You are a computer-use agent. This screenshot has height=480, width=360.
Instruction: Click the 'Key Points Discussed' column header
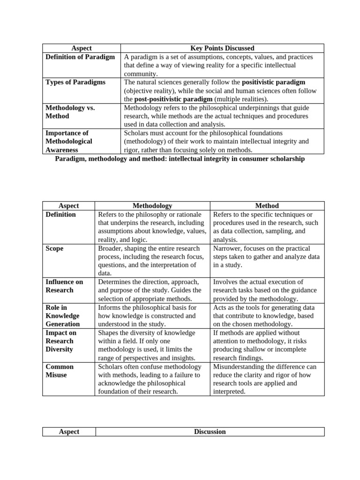pos(222,48)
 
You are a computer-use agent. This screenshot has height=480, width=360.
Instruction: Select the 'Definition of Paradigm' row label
pos(80,57)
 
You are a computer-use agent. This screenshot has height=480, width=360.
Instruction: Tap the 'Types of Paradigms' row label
pos(75,82)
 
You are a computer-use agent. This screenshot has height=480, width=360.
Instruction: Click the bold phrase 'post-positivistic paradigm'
pos(173,99)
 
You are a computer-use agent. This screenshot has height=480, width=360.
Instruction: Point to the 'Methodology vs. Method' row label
pos(70,112)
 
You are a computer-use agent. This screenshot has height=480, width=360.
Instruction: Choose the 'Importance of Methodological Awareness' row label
pos(69,142)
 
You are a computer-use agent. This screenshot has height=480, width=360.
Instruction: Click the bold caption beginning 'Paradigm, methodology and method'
pos(180,159)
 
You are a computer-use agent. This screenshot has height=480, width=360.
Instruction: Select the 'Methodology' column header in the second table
pos(152,206)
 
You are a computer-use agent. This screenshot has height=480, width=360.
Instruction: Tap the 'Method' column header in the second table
pos(267,206)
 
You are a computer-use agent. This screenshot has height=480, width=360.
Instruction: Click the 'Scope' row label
pos(54,248)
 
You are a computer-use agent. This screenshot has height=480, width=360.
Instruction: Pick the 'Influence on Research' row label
pos(64,286)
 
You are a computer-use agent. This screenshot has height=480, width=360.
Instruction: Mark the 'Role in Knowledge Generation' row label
pos(63,315)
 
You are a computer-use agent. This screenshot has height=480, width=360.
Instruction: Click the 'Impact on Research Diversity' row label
pos(61,341)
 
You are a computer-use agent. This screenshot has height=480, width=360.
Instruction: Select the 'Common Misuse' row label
pos(60,371)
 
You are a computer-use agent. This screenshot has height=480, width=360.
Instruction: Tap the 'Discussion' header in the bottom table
pos(210,432)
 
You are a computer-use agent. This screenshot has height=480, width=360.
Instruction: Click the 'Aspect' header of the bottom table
pos(69,432)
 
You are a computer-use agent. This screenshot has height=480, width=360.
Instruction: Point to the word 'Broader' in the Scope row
pos(110,248)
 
